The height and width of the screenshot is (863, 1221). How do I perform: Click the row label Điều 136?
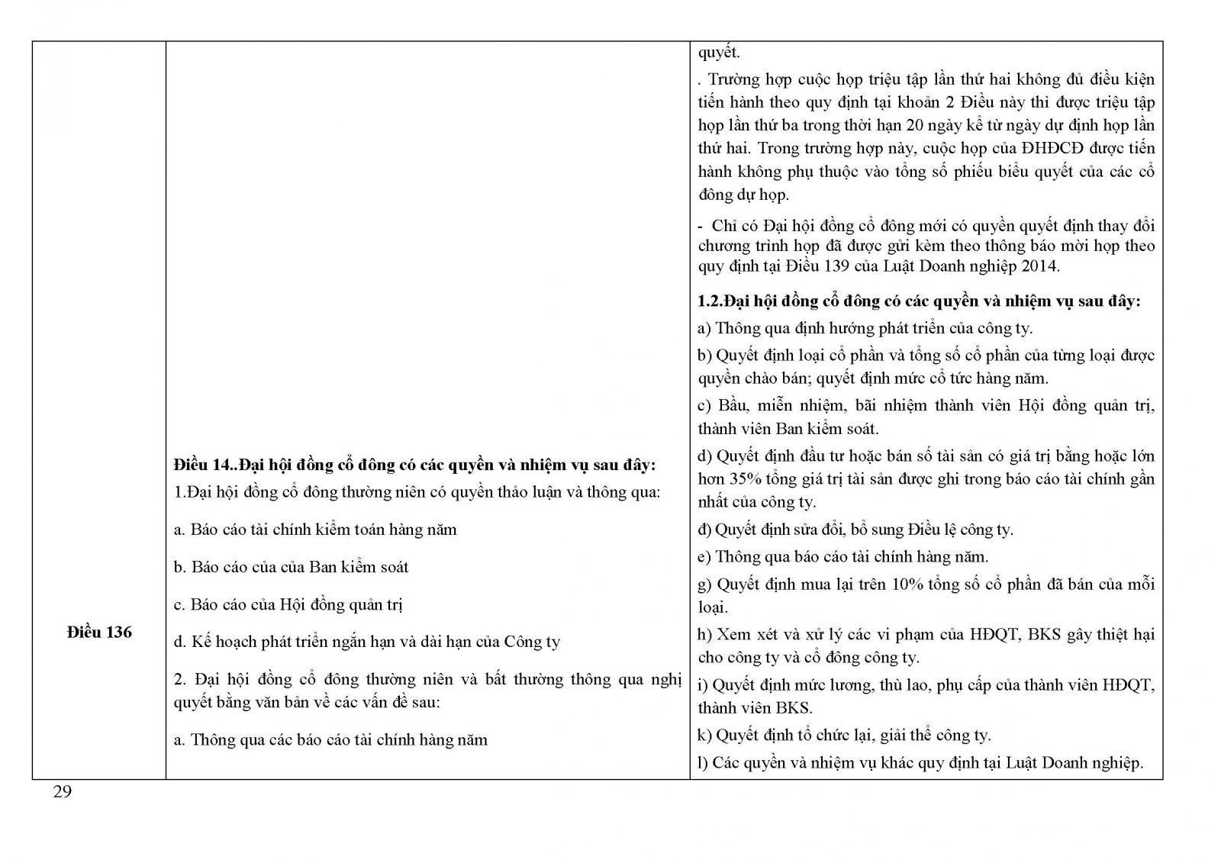click(x=99, y=633)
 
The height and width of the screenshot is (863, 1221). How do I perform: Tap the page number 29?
click(x=63, y=792)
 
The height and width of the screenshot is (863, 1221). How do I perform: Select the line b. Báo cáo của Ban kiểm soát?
click(x=291, y=567)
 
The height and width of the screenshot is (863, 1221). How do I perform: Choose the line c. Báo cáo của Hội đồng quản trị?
click(x=288, y=604)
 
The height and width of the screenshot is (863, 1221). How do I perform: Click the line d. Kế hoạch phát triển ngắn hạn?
click(x=366, y=642)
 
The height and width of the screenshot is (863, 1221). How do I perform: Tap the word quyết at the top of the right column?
click(x=718, y=53)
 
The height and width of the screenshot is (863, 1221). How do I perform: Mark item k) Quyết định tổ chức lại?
click(x=844, y=736)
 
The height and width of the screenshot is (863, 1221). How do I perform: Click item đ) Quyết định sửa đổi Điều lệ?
click(x=855, y=529)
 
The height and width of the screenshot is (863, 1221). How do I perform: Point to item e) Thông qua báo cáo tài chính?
click(x=842, y=556)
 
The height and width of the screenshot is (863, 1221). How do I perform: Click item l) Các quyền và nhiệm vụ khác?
click(x=920, y=762)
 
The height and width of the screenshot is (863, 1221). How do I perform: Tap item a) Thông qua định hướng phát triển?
click(x=865, y=328)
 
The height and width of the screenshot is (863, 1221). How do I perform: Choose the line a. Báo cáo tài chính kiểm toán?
click(x=314, y=530)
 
